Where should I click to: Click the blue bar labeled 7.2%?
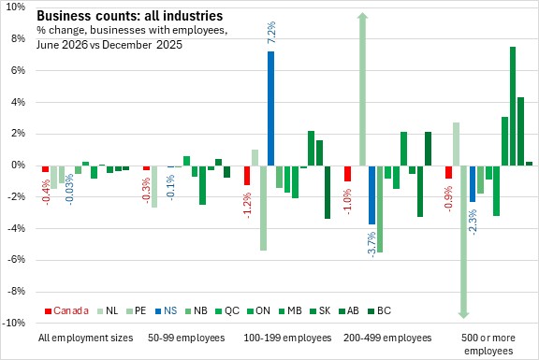(x=270, y=108)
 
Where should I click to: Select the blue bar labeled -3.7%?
(x=371, y=195)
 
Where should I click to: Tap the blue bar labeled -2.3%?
(x=473, y=184)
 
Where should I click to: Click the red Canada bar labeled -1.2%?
(x=247, y=175)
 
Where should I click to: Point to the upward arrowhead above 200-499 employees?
(x=363, y=16)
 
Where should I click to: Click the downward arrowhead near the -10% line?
(x=464, y=315)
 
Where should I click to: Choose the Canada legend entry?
(x=66, y=310)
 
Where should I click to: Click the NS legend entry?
(x=166, y=310)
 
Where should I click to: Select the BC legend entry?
(x=380, y=310)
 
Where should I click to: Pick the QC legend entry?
(x=227, y=310)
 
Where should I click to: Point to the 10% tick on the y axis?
(x=16, y=7)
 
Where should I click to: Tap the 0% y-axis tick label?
(x=19, y=165)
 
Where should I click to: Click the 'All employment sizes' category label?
(x=85, y=338)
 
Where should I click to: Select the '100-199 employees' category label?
(x=287, y=338)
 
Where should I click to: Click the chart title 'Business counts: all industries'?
(x=129, y=16)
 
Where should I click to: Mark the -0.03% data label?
(x=69, y=190)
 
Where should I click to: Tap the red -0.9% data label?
(x=448, y=199)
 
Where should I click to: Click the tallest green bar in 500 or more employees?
(x=513, y=107)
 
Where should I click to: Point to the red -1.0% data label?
(x=347, y=202)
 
